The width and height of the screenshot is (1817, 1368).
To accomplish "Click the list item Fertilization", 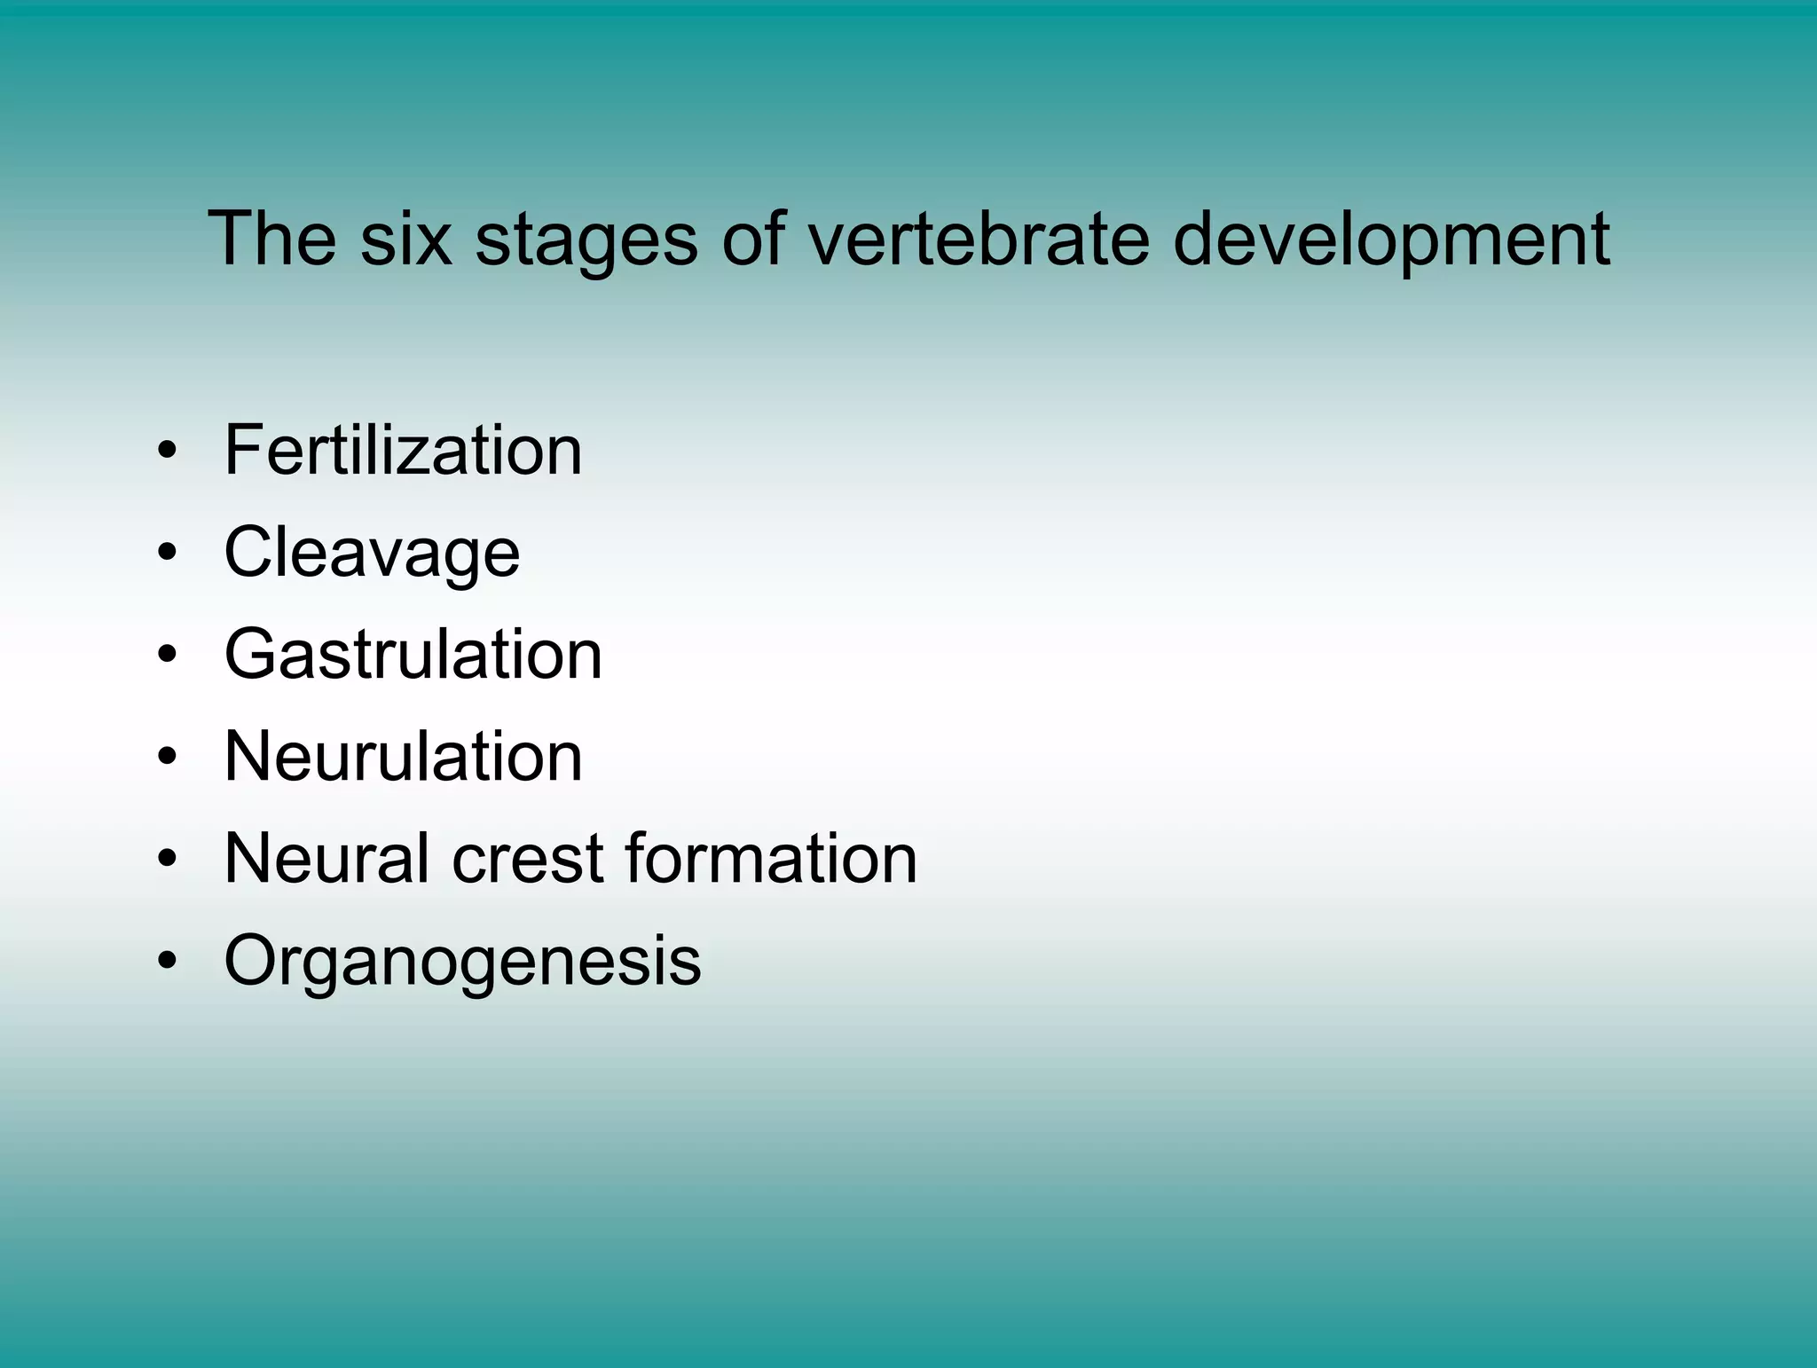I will tap(403, 450).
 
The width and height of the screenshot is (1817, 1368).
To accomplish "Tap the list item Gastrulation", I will tap(413, 655).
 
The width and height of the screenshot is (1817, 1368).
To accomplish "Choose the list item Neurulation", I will tap(403, 757).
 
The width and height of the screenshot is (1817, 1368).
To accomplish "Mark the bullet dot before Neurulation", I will tap(167, 758).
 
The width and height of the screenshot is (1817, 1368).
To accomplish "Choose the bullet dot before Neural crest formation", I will tap(167, 860).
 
